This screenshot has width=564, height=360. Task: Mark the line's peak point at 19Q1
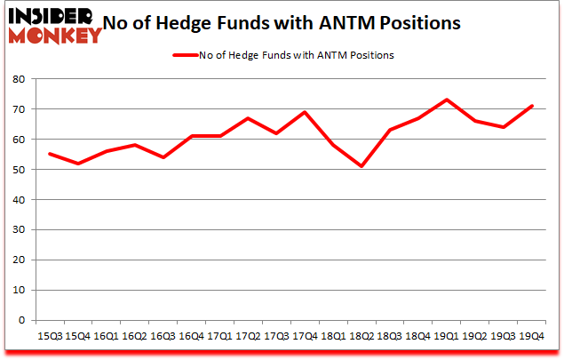[449, 100]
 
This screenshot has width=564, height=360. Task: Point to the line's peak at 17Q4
[306, 112]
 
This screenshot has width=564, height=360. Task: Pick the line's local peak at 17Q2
[249, 118]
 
